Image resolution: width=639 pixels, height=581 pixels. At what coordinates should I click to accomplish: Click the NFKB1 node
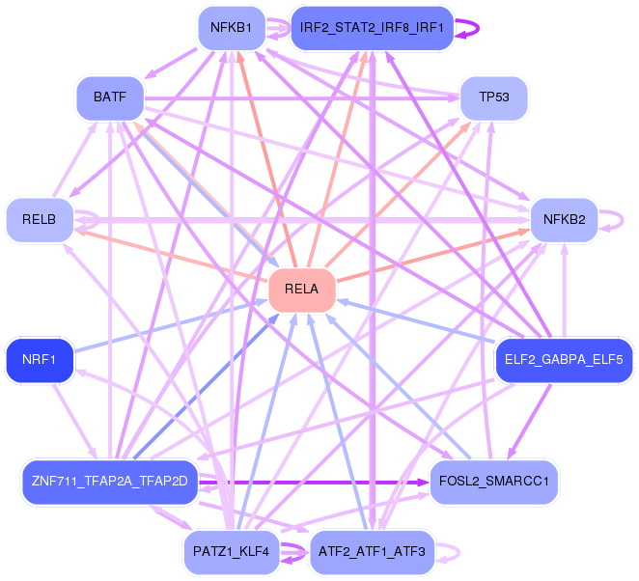pos(232,28)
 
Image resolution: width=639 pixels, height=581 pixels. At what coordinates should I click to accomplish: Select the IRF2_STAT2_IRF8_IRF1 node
pos(372,28)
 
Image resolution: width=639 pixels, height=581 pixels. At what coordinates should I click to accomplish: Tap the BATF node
pos(110,97)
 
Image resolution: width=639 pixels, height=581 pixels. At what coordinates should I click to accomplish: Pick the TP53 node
pos(494,97)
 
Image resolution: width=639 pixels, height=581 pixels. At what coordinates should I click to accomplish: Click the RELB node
pos(40,220)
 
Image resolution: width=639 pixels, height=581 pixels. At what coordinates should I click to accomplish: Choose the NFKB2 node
pos(565,220)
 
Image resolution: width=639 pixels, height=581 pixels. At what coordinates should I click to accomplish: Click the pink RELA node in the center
pos(301,290)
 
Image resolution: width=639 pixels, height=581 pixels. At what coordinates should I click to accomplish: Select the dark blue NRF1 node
pos(40,360)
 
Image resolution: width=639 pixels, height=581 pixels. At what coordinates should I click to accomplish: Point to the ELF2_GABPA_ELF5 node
pos(564,360)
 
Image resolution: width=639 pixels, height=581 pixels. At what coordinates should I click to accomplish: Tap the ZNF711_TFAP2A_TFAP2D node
pos(110,482)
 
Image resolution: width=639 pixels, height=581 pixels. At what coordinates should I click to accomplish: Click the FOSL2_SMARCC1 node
pos(494,482)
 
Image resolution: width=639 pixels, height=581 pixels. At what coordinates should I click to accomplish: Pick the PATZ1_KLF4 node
pos(232,552)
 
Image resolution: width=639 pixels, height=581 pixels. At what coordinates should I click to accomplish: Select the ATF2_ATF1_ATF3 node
pos(372,552)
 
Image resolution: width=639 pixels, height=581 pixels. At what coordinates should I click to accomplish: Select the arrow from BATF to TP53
pos(302,98)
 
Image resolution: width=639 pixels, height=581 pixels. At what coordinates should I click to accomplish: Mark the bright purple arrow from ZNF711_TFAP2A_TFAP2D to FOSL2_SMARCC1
pos(314,483)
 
